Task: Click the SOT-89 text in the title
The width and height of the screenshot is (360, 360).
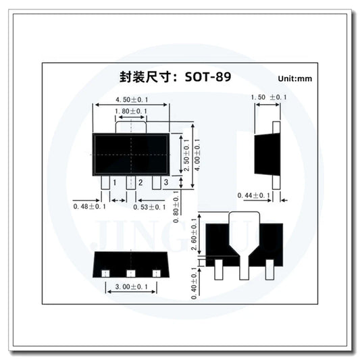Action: [207, 77]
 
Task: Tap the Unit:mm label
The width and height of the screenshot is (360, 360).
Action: [295, 79]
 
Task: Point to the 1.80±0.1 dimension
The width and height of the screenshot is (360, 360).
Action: [131, 111]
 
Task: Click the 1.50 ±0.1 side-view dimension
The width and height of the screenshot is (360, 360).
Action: [269, 98]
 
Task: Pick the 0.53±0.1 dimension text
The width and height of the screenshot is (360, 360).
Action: [149, 207]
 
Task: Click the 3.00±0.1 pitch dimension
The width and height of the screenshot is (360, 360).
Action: [132, 287]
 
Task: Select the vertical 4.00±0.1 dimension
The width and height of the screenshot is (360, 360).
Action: [197, 156]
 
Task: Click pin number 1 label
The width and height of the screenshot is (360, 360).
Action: [115, 183]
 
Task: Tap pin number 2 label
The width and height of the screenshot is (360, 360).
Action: [139, 183]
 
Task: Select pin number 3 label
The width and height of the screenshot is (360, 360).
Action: [165, 183]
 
